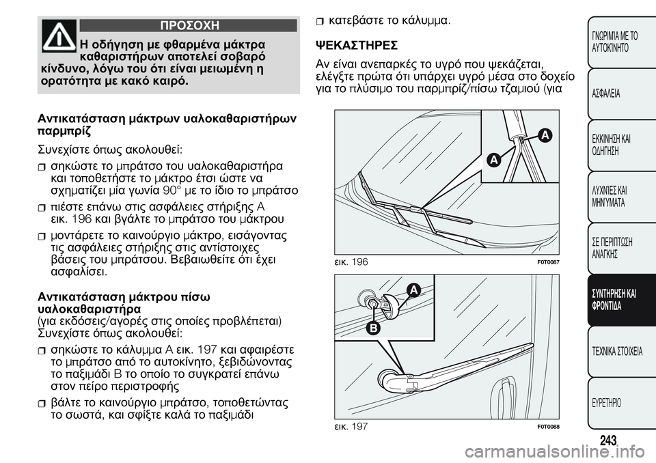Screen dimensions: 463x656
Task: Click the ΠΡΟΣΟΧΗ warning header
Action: pos(189,26)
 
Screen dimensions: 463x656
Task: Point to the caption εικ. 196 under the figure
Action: pos(349,262)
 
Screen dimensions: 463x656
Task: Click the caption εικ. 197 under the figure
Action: pos(349,425)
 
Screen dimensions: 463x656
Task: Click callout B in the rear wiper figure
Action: pos(373,328)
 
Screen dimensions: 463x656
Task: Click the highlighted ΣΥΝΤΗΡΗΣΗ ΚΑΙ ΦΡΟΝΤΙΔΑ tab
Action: pos(612,299)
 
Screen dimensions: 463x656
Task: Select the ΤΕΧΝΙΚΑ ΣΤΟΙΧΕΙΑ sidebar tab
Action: pos(612,352)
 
